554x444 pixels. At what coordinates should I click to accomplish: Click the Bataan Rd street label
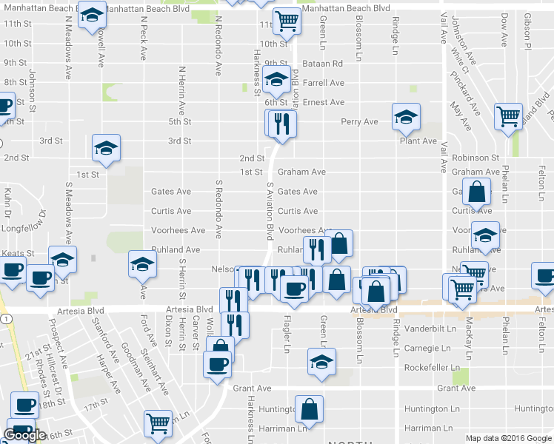321,64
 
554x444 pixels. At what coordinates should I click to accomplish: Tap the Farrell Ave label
323,84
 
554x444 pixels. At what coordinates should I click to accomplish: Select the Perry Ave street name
359,122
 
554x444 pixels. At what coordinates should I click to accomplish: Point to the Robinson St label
475,158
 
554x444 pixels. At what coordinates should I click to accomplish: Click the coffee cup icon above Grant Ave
218,365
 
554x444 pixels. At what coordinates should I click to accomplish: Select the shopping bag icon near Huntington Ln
309,408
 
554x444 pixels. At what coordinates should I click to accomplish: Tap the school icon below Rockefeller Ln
321,362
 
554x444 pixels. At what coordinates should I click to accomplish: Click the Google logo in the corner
24,435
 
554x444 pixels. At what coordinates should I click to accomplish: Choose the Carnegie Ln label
427,349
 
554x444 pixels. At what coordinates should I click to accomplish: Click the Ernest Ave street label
323,103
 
